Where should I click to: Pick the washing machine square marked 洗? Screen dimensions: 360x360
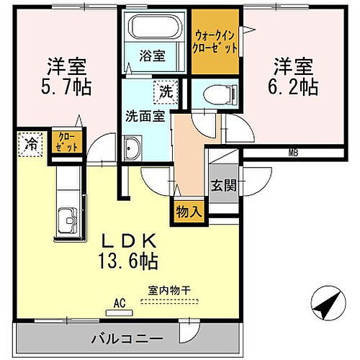[165, 91]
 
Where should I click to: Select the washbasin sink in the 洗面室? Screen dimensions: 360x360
[132, 149]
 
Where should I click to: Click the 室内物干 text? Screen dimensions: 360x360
[168, 291]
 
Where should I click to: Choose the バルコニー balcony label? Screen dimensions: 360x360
[127, 337]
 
